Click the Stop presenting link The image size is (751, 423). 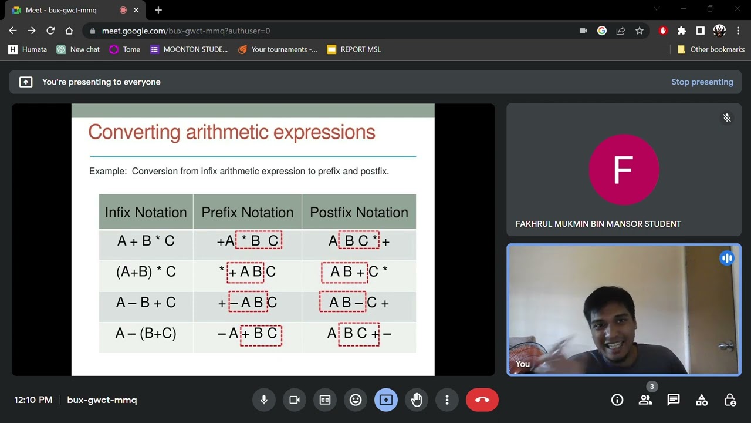coord(702,82)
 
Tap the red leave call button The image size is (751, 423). coord(482,400)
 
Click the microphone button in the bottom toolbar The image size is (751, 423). coord(264,400)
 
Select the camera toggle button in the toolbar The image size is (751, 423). coord(295,400)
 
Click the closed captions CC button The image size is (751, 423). coord(325,400)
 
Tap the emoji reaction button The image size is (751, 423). coord(356,400)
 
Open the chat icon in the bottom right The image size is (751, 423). coord(673,400)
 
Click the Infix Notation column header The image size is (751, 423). coord(146,212)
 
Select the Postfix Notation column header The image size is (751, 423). coord(358,212)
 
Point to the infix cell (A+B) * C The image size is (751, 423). coord(146,272)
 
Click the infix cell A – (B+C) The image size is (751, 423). coord(146,334)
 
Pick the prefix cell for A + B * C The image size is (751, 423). coord(248,241)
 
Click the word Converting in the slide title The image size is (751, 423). coord(134,132)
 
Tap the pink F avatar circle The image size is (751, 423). coord(623,170)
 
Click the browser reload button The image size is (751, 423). coord(50,31)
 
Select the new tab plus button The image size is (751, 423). coord(158,10)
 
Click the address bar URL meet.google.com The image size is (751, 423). coord(185,31)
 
